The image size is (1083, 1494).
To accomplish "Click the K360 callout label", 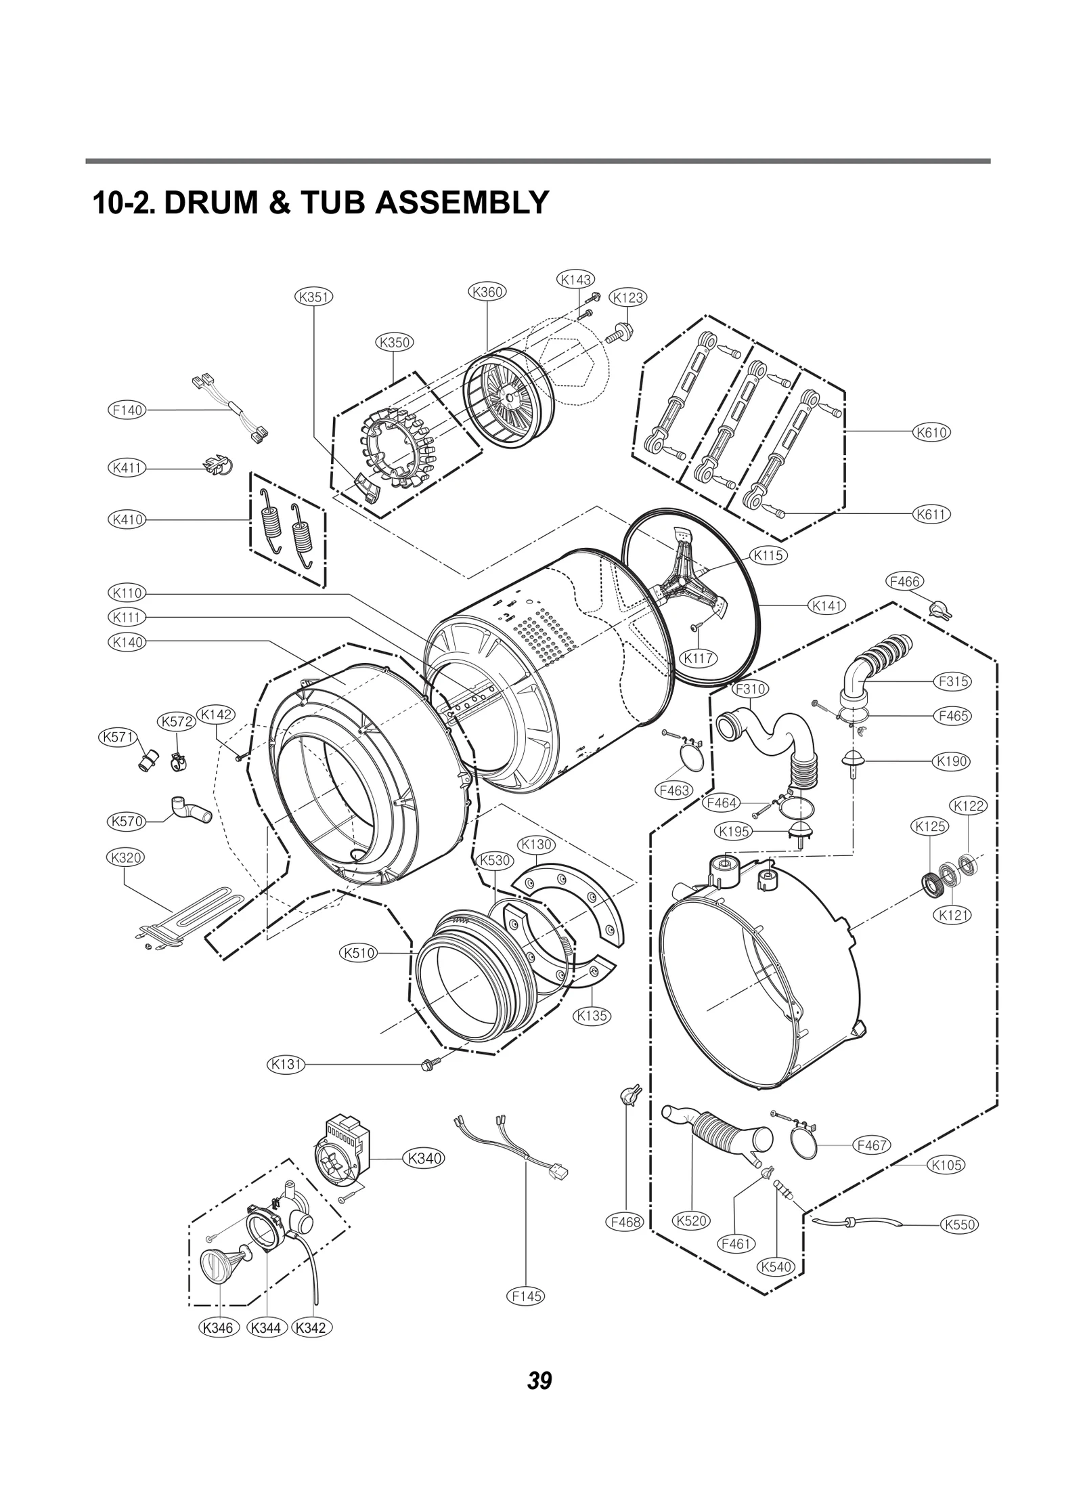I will (x=487, y=292).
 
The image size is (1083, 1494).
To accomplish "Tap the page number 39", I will (x=539, y=1380).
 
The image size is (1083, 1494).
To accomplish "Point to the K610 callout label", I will (x=931, y=432).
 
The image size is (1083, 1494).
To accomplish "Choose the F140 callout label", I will (x=127, y=410).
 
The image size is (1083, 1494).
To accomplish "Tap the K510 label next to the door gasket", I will (x=357, y=953).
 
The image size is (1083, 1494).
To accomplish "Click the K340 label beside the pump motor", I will (x=424, y=1158).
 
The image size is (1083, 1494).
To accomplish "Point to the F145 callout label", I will (x=525, y=1296).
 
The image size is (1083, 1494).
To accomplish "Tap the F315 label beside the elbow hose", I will (x=952, y=681).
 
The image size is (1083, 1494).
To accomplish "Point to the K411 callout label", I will (x=127, y=467).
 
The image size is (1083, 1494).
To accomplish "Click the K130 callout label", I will (x=536, y=845).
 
